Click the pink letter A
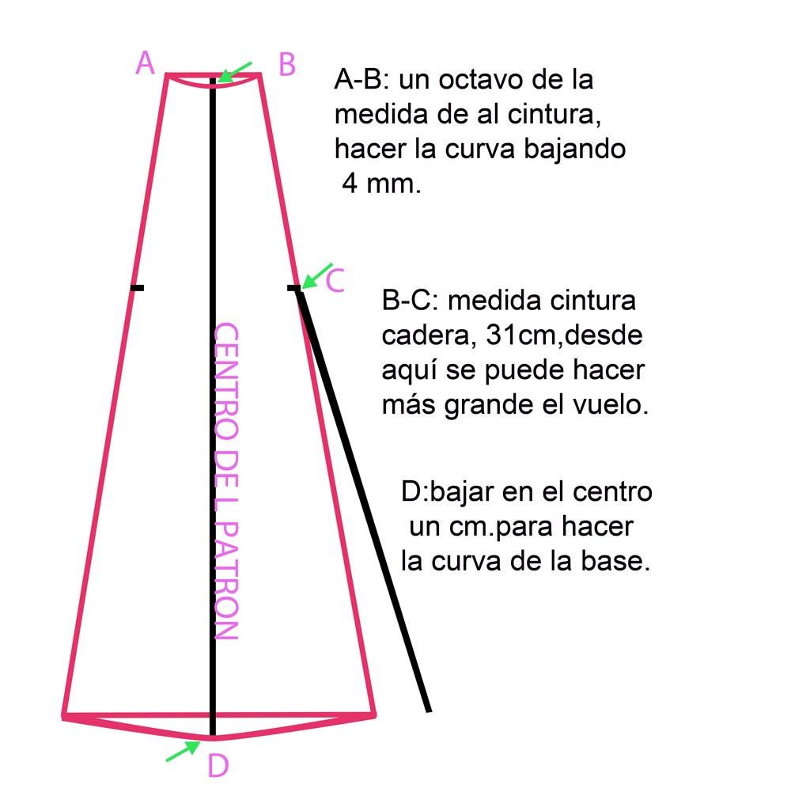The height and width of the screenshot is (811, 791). pos(145,63)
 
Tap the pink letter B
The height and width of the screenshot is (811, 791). pos(287,64)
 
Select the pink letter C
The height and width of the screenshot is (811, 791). pos(335,280)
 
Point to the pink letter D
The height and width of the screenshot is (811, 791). pos(218,766)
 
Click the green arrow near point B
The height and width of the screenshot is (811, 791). pos(235,72)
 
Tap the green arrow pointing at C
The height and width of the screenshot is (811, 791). pos(316,275)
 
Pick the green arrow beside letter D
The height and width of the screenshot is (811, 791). pos(183,751)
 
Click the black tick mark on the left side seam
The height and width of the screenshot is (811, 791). pos(137,287)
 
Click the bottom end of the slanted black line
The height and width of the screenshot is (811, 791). pos(428,708)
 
